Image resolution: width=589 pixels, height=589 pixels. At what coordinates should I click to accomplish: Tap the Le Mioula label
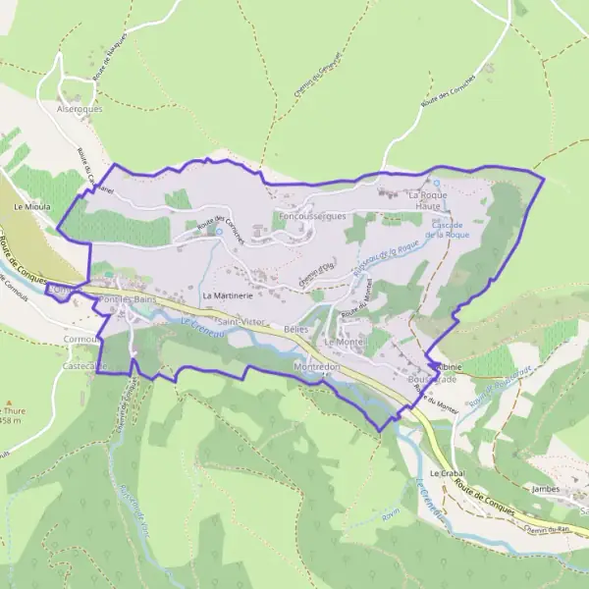[x=32, y=208]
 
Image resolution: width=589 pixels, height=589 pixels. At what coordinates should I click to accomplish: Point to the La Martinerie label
[x=228, y=294]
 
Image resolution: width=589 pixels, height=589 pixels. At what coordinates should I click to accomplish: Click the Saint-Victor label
[x=241, y=322]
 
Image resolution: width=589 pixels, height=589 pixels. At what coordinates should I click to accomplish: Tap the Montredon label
[x=316, y=365]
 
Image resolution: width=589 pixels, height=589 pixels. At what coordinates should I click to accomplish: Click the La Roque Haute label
[x=428, y=201]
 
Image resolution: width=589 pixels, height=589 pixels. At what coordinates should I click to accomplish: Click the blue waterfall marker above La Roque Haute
[x=437, y=184]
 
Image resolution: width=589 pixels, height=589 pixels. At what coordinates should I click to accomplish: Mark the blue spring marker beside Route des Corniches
[x=218, y=232]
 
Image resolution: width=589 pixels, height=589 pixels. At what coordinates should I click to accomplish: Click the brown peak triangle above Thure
[x=9, y=402]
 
